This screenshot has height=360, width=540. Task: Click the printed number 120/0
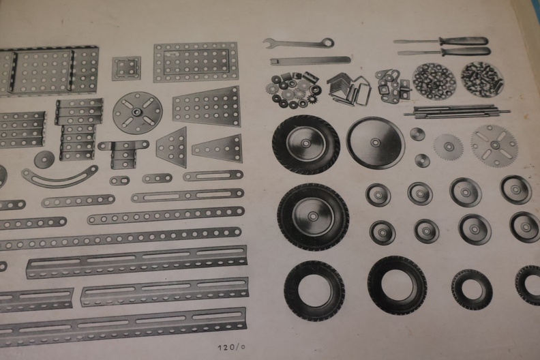(x=231, y=347)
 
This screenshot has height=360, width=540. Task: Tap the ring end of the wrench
(x=328, y=42)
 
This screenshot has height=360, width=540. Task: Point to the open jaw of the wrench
(x=267, y=42)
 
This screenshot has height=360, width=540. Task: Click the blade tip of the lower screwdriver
(x=400, y=53)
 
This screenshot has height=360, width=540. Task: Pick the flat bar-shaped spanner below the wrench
(x=310, y=61)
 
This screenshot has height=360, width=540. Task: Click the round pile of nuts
(x=434, y=81)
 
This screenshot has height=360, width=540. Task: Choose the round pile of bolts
(x=482, y=79)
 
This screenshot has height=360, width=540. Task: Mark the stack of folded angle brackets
(x=348, y=89)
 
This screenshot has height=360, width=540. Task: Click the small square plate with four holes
(x=126, y=69)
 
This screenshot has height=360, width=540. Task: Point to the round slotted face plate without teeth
(x=138, y=112)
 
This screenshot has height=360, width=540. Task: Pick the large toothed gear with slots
(x=494, y=145)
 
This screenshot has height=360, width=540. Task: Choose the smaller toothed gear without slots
(x=448, y=147)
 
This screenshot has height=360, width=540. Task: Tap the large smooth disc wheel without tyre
(x=376, y=142)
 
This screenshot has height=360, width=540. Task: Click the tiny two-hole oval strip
(x=120, y=181)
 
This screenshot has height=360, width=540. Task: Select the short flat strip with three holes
(x=157, y=179)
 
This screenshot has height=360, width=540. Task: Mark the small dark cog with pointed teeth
(x=312, y=100)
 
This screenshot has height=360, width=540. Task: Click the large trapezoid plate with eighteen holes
(x=207, y=107)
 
